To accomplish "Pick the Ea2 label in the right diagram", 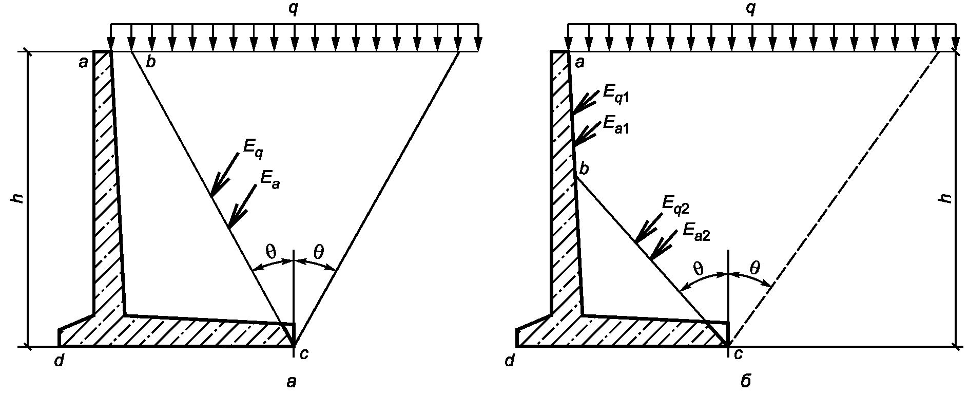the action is pos(696,233).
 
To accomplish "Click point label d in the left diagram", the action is pos(60,362).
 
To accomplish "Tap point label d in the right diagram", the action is pos(509,362).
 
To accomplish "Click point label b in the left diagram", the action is pos(150,63).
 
